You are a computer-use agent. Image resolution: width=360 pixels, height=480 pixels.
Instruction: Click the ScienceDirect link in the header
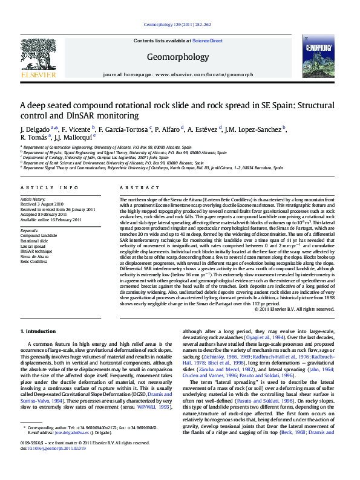coord(208,41)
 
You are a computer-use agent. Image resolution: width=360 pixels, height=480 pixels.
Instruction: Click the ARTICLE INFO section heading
coord(50,188)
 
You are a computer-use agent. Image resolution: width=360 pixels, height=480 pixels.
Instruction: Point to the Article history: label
coord(33,198)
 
